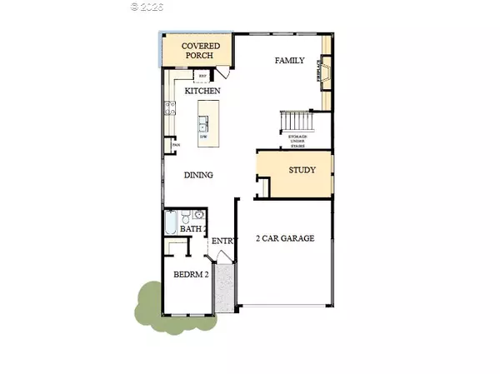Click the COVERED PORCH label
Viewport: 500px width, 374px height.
coord(188,51)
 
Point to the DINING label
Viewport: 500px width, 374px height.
coord(199,175)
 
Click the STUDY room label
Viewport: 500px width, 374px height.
coord(302,170)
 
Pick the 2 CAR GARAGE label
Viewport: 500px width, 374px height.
coord(285,238)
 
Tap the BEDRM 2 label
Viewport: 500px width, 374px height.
coord(191,274)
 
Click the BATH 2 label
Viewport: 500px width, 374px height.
coord(193,229)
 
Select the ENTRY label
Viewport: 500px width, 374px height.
coord(223,242)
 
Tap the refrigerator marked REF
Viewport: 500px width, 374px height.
coord(202,76)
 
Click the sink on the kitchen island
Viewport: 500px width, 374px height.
coord(204,126)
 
